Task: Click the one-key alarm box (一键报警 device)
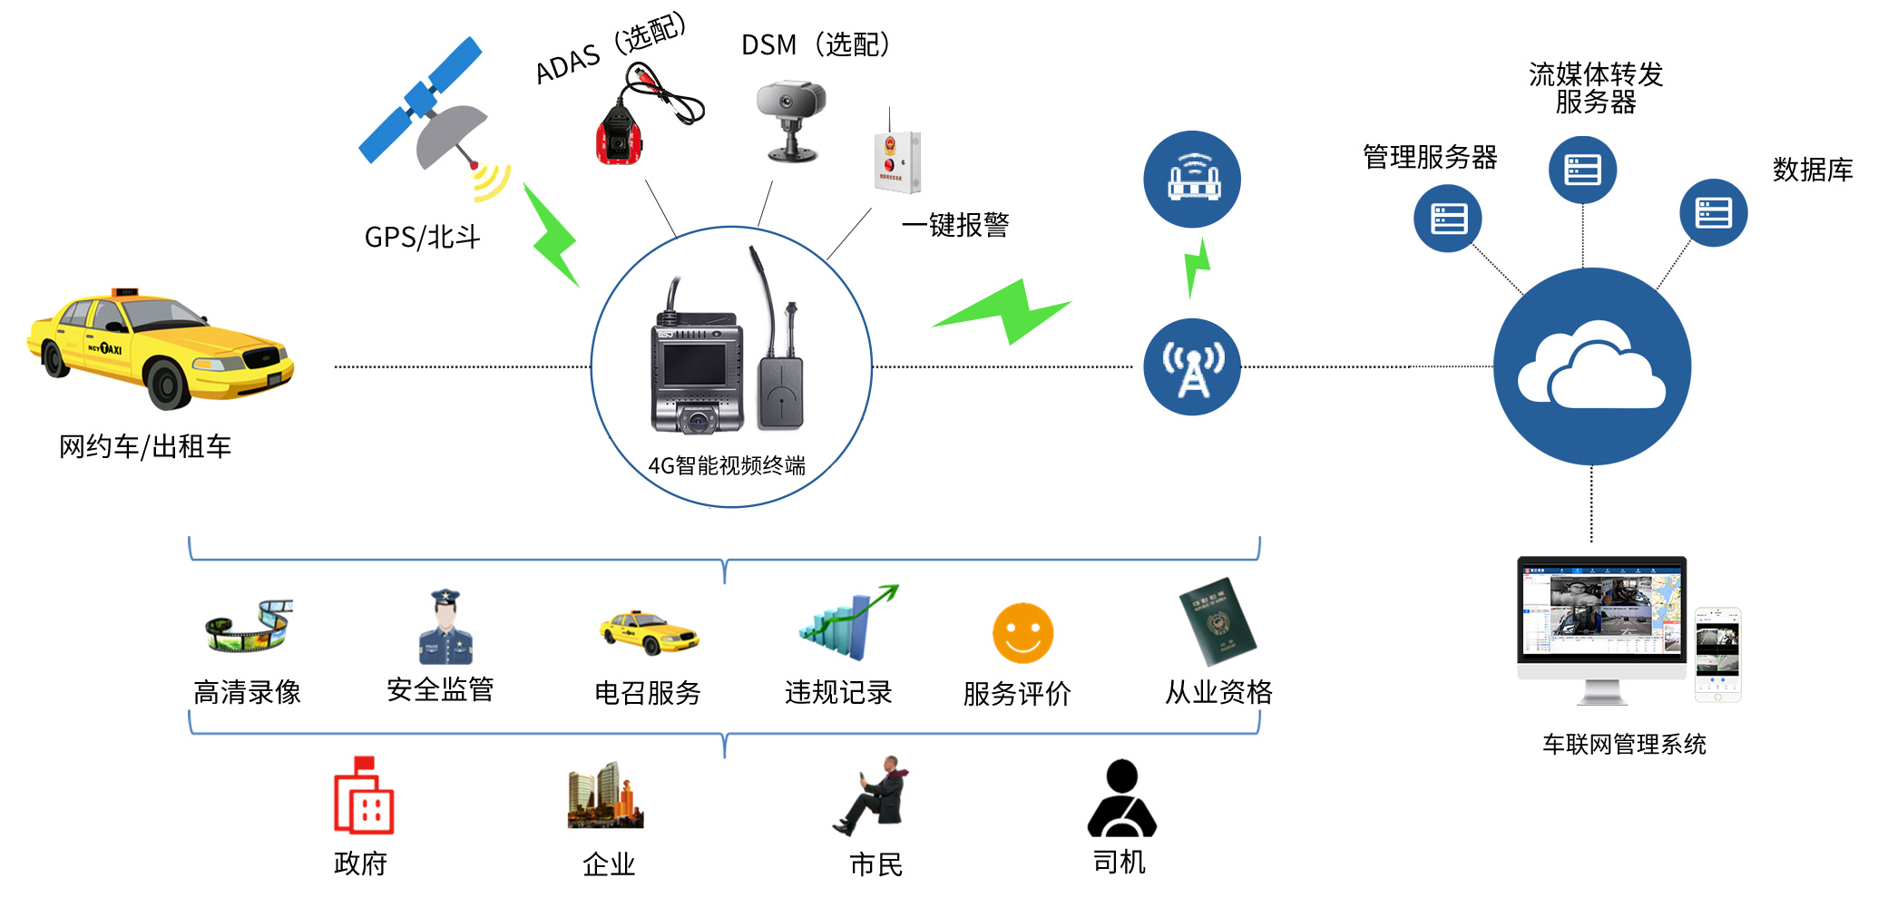[x=896, y=161]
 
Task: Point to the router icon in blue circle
[x=1192, y=179]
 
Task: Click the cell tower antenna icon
[x=1192, y=366]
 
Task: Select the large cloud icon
[x=1592, y=366]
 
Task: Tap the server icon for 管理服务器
[x=1448, y=219]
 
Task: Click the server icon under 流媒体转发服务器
[x=1582, y=170]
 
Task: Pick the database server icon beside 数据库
[x=1713, y=213]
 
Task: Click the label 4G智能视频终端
[x=727, y=466]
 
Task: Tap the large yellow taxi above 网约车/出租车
[x=160, y=347]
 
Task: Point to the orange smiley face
[x=1022, y=633]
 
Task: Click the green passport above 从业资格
[x=1218, y=622]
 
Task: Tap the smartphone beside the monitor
[x=1717, y=654]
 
